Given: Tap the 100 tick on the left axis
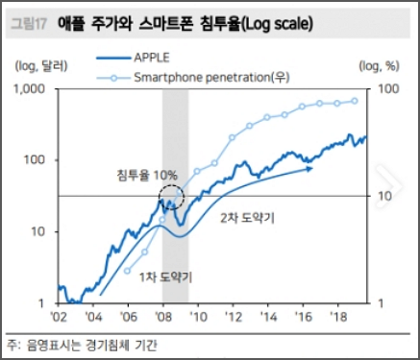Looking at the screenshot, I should (37, 159).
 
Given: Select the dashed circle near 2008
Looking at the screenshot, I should (171, 201).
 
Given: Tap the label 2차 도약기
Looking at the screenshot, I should (248, 219).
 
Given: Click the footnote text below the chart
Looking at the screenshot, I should (85, 344).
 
